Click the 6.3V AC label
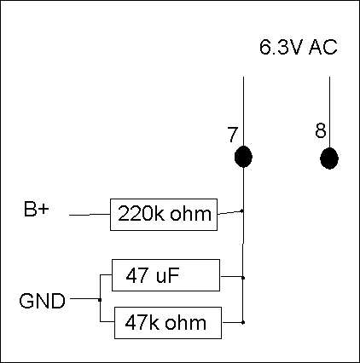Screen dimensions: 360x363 click(x=299, y=47)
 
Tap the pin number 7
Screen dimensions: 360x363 click(x=232, y=135)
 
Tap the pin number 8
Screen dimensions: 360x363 click(x=321, y=130)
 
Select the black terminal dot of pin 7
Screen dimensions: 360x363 click(x=243, y=157)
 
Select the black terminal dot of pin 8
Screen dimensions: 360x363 click(x=329, y=158)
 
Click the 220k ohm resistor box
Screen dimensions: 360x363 click(x=164, y=215)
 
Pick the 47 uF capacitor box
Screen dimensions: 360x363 click(x=165, y=275)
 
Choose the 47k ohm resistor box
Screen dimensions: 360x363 click(x=168, y=323)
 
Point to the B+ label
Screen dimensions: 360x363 click(x=37, y=209)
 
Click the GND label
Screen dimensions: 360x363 click(x=43, y=301)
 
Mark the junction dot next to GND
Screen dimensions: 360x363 click(x=100, y=300)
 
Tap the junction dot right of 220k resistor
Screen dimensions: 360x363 click(x=242, y=210)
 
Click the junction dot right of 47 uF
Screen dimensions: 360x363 click(x=243, y=278)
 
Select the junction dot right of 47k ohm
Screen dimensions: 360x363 click(x=243, y=322)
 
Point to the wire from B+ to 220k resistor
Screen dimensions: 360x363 click(x=90, y=215)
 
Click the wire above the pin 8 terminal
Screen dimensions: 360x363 click(x=329, y=112)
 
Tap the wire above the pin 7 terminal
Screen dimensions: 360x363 click(x=243, y=112)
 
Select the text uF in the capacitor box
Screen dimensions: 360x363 click(x=167, y=275)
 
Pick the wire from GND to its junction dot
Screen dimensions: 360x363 click(x=84, y=299)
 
